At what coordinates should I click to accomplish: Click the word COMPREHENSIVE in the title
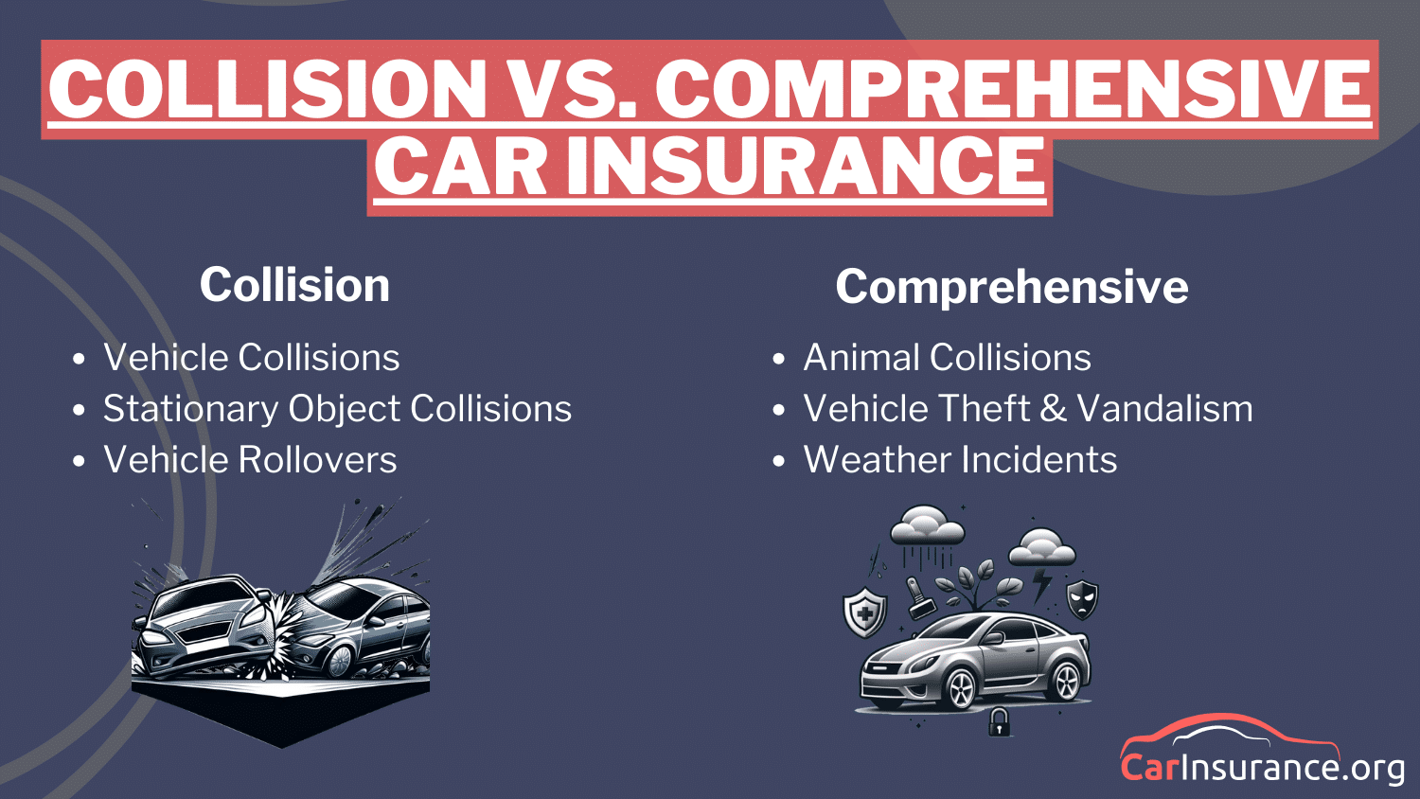[x=1012, y=90]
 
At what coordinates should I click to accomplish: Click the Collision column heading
[x=294, y=285]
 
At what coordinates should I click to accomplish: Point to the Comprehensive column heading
[x=1011, y=287]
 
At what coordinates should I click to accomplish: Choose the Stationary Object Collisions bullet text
[x=337, y=409]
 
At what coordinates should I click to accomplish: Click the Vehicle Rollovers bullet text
[x=250, y=460]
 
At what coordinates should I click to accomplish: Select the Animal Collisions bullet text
[x=947, y=358]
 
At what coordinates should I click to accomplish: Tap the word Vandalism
[x=1164, y=409]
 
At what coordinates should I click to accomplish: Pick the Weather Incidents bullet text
[x=960, y=460]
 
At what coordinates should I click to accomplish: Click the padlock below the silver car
[x=999, y=723]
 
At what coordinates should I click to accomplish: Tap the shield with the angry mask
[x=1082, y=599]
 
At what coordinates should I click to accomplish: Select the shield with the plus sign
[x=864, y=613]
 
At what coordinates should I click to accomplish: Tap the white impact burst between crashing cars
[x=284, y=620]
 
